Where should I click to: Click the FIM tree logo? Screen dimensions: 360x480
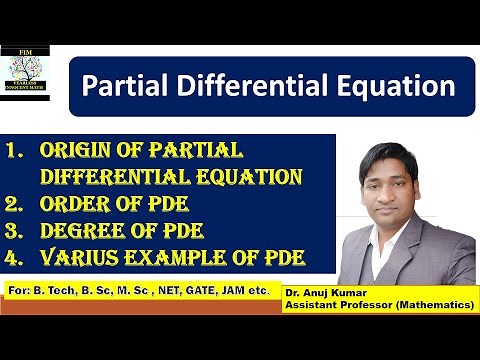[32, 73]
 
